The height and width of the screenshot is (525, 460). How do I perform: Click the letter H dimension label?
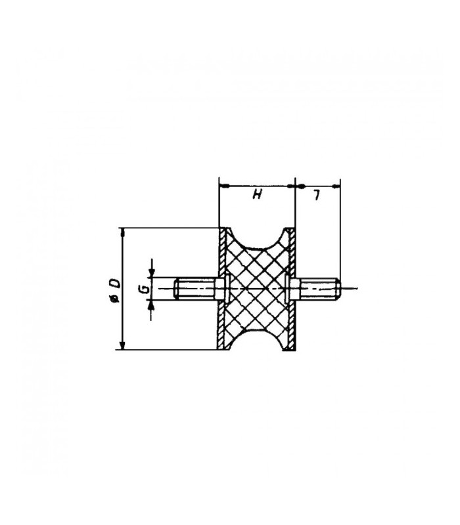[x=257, y=194]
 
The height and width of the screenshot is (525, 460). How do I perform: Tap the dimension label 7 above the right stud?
[x=316, y=195]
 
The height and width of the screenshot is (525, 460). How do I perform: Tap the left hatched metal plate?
[x=222, y=289]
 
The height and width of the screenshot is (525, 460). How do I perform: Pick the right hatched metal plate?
[x=292, y=289]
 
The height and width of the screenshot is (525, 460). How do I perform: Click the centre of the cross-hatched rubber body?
[x=257, y=289]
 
